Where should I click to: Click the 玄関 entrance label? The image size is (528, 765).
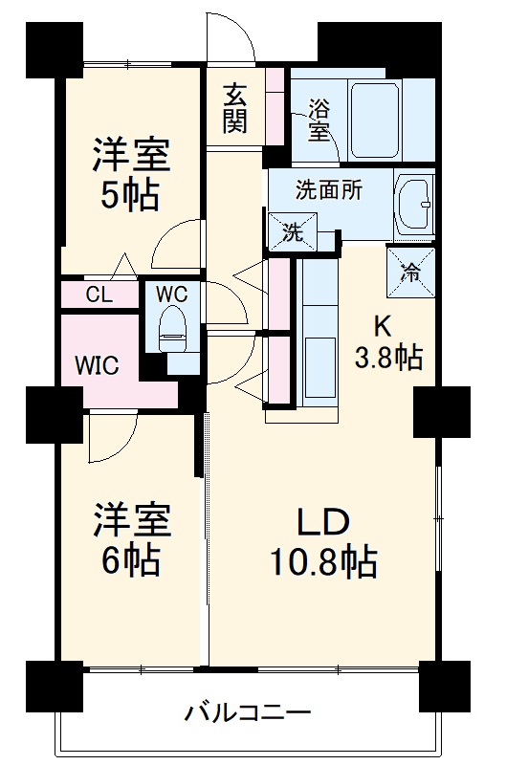coord(234,107)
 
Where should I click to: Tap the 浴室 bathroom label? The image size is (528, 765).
coord(319,120)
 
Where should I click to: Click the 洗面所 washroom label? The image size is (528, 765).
coord(328,189)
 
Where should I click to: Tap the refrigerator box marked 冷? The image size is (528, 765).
coord(409,271)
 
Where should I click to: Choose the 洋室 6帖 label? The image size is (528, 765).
coord(131,541)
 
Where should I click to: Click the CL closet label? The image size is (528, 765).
coord(99,295)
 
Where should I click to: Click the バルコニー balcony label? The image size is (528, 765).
coord(248,712)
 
